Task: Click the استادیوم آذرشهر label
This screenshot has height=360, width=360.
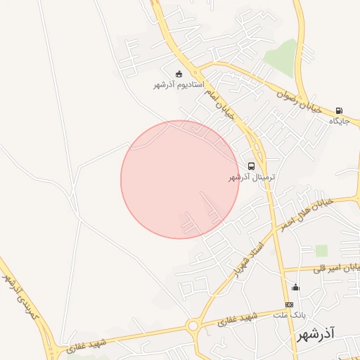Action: [179, 85]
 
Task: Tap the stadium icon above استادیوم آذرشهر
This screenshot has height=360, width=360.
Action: [179, 74]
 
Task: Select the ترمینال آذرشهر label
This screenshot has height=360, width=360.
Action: [251, 178]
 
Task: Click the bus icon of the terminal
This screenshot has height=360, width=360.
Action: [251, 167]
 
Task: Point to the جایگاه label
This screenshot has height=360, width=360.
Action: [340, 121]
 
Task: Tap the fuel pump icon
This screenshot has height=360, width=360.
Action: [340, 110]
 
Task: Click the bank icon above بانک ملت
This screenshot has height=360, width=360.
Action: [289, 304]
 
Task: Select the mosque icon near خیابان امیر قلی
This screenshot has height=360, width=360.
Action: [295, 287]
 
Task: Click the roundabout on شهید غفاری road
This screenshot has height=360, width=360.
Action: [193, 325]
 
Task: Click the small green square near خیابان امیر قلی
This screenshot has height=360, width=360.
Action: [321, 250]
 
